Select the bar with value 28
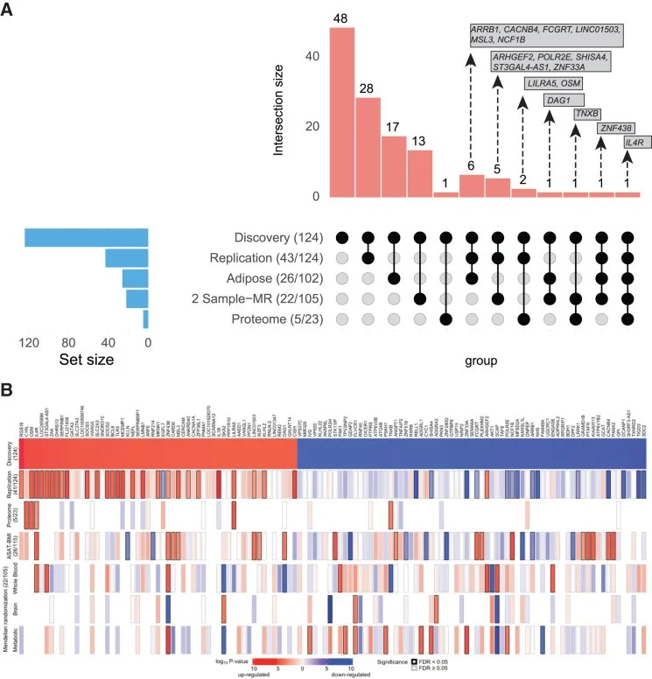368,147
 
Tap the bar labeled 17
394,166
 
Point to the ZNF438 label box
613,128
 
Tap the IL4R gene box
636,142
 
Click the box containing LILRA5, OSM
553,83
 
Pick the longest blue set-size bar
86,238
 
